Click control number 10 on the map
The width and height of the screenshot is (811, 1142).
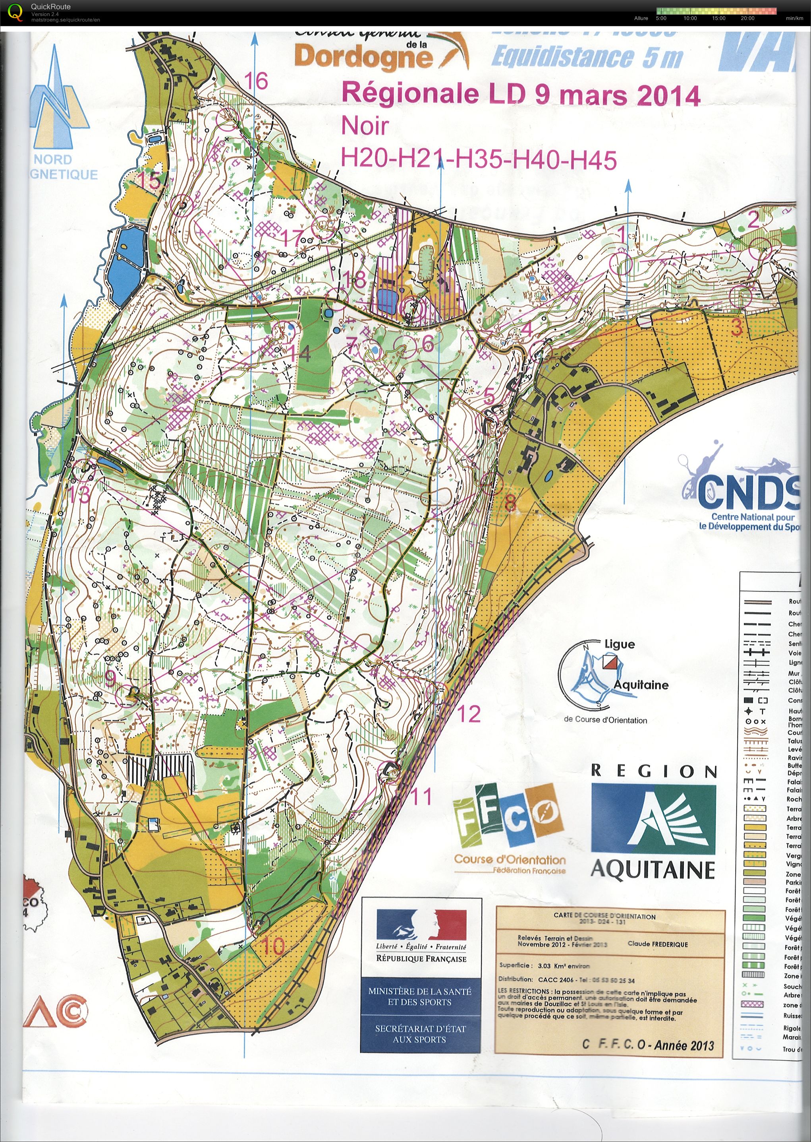(273, 946)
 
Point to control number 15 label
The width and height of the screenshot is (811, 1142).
(149, 181)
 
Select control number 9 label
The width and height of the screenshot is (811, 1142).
(110, 679)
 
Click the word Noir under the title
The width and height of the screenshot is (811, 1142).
(364, 126)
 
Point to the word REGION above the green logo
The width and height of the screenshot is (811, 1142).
(654, 771)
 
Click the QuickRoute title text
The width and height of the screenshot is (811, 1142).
(50, 6)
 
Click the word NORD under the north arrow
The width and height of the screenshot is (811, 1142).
(53, 160)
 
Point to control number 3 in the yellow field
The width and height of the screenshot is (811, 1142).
(737, 328)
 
